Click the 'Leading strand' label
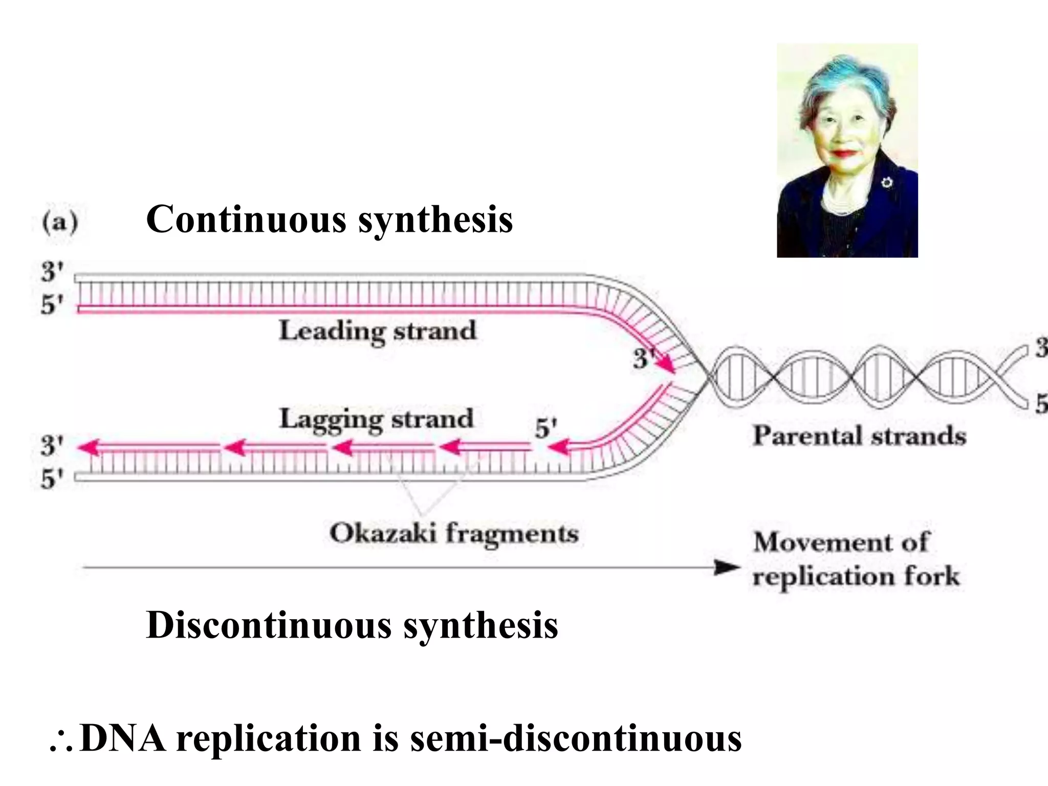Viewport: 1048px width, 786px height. click(378, 331)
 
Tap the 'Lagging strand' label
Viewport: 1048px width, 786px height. click(376, 420)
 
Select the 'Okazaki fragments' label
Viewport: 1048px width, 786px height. click(454, 534)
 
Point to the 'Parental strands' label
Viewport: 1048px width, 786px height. click(860, 436)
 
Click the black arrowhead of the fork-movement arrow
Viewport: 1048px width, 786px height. click(727, 567)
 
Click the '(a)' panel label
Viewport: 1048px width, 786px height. click(60, 223)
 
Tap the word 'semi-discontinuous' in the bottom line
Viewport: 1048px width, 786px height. click(576, 738)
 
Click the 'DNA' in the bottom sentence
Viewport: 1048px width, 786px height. click(123, 738)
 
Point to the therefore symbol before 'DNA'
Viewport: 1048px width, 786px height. click(61, 743)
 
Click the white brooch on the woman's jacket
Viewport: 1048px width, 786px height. click(886, 182)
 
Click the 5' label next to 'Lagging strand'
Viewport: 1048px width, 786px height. click(545, 428)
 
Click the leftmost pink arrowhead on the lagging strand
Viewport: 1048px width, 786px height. click(88, 447)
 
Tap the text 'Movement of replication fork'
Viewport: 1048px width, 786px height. click(856, 559)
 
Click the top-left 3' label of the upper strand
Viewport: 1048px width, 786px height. click(52, 271)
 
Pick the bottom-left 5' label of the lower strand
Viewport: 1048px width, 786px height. click(52, 479)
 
